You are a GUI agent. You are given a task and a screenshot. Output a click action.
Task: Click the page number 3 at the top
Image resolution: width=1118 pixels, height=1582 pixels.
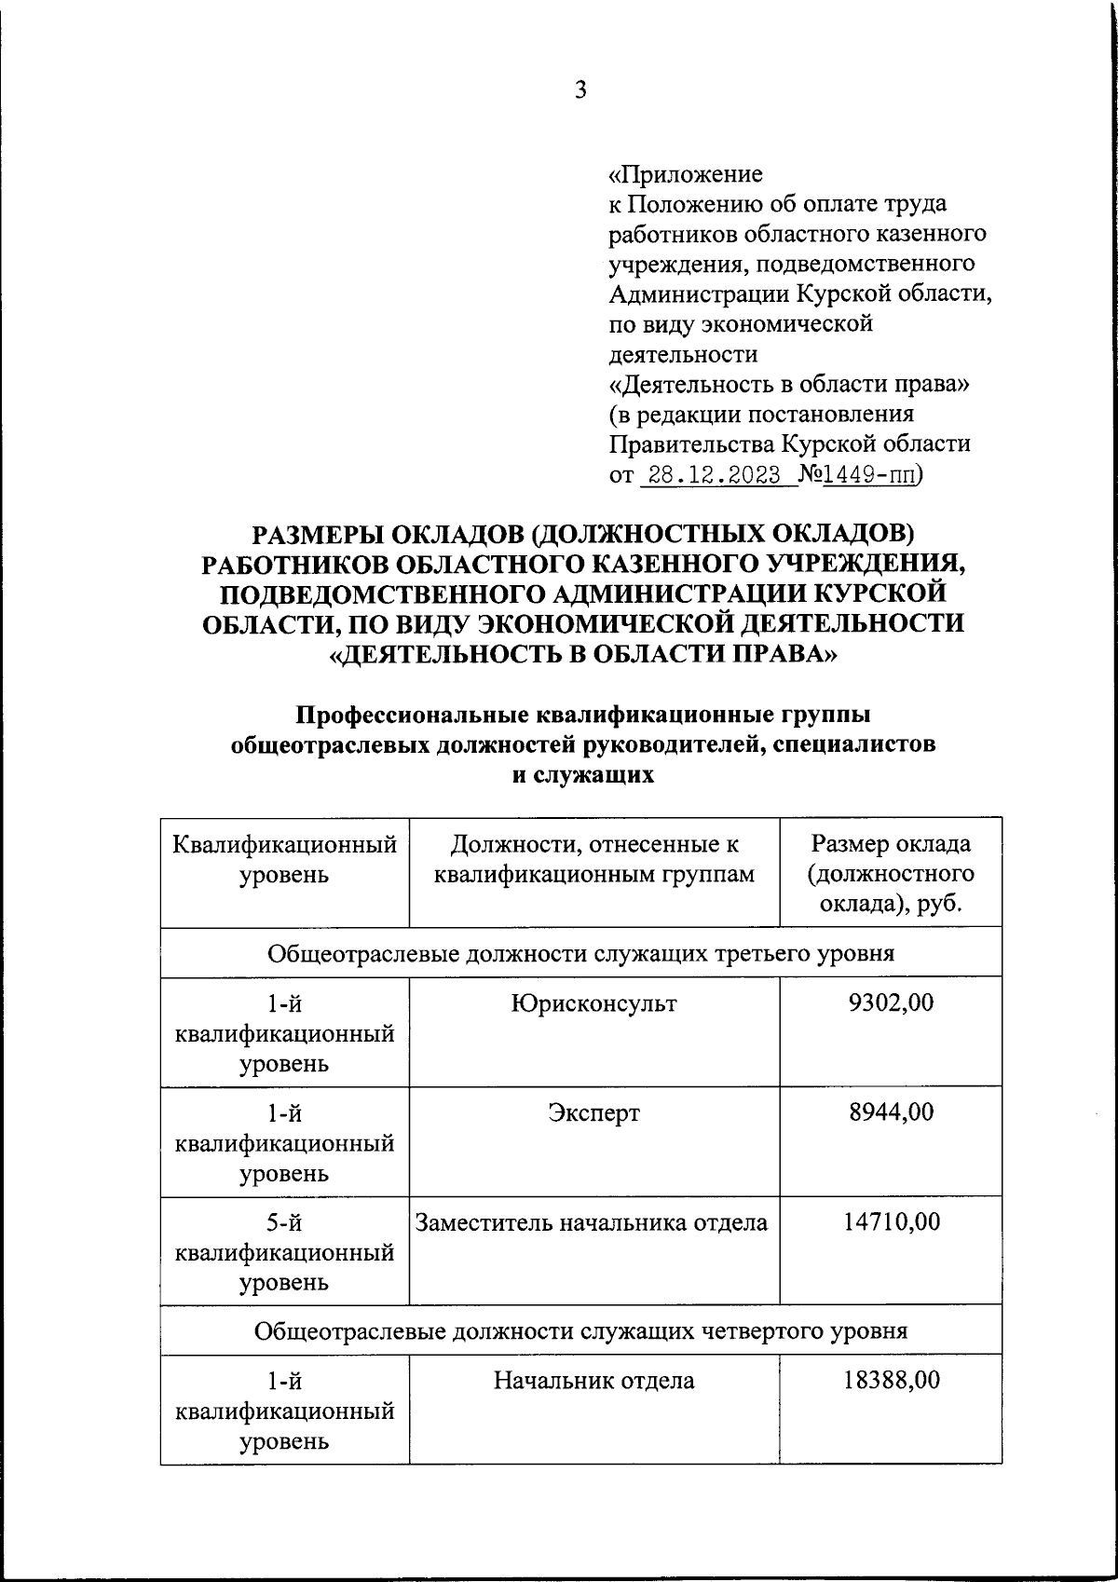[x=580, y=90]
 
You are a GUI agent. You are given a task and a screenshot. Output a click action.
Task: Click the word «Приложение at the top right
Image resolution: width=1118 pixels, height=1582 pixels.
[x=685, y=174]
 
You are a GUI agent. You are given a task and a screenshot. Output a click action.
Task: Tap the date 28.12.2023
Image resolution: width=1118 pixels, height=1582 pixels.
[x=715, y=474]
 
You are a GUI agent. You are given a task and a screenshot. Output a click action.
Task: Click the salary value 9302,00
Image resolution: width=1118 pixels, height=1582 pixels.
[x=891, y=1003]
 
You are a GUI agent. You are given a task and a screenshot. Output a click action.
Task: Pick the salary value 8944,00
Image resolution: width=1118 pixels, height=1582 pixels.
[x=891, y=1112]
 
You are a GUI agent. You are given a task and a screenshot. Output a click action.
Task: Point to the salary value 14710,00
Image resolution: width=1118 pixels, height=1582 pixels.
[x=891, y=1221]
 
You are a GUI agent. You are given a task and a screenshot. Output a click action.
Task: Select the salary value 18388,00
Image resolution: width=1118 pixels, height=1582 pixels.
[x=891, y=1380]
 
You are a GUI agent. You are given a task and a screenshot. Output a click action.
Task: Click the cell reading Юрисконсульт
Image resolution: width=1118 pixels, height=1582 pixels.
[x=593, y=1003]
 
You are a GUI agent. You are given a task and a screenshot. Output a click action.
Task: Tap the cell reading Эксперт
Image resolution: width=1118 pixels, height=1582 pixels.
[x=593, y=1112]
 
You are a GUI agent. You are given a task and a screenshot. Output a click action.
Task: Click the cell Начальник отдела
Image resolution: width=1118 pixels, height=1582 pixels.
[x=593, y=1380]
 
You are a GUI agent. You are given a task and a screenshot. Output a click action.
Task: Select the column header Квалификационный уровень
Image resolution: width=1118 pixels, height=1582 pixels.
[x=284, y=859]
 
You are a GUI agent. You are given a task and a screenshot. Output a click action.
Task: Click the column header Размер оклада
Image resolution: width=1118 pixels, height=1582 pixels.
[x=891, y=873]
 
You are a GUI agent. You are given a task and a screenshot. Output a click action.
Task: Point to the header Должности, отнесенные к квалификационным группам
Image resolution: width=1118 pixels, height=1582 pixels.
[x=593, y=859]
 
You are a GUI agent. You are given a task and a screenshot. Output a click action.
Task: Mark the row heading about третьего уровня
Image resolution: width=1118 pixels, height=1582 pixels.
[x=580, y=953]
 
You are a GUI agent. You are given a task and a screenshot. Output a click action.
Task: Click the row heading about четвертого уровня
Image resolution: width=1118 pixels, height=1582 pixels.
[x=580, y=1330]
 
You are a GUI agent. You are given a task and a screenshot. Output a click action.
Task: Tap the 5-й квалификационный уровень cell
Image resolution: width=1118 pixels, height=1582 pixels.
[x=284, y=1251]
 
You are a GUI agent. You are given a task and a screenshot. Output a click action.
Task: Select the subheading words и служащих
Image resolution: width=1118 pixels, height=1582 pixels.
[x=584, y=775]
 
